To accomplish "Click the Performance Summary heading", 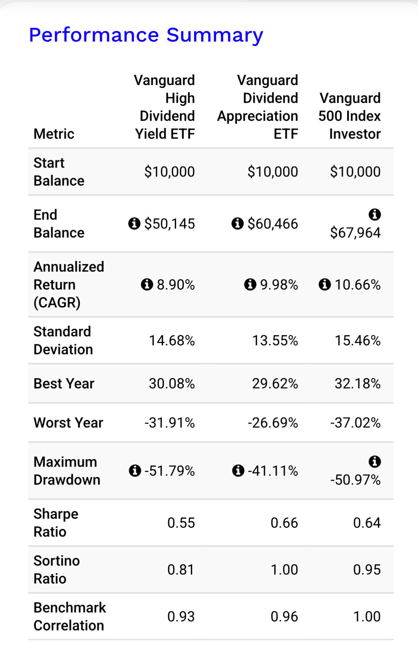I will (146, 35).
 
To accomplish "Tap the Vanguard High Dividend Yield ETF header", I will (165, 107).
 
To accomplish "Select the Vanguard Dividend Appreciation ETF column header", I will (258, 107).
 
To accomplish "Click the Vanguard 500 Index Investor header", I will (350, 116).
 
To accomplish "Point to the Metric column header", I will (54, 134).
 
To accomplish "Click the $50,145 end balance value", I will (170, 224).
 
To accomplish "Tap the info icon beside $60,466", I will (238, 224).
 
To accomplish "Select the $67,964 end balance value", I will (355, 233).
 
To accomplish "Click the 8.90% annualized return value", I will (176, 285).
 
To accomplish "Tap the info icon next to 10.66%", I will (325, 284).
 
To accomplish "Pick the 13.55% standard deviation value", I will (275, 341).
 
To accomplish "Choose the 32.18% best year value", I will (358, 384).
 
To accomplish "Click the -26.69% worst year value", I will (273, 423).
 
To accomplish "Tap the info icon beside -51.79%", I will (135, 471).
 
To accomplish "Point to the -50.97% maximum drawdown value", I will (355, 480).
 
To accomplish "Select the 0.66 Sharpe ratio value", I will (284, 523).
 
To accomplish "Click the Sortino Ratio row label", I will (57, 570).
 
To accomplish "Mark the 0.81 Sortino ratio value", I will (181, 570).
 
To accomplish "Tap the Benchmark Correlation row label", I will (70, 616).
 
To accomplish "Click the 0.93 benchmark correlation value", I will (181, 616).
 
